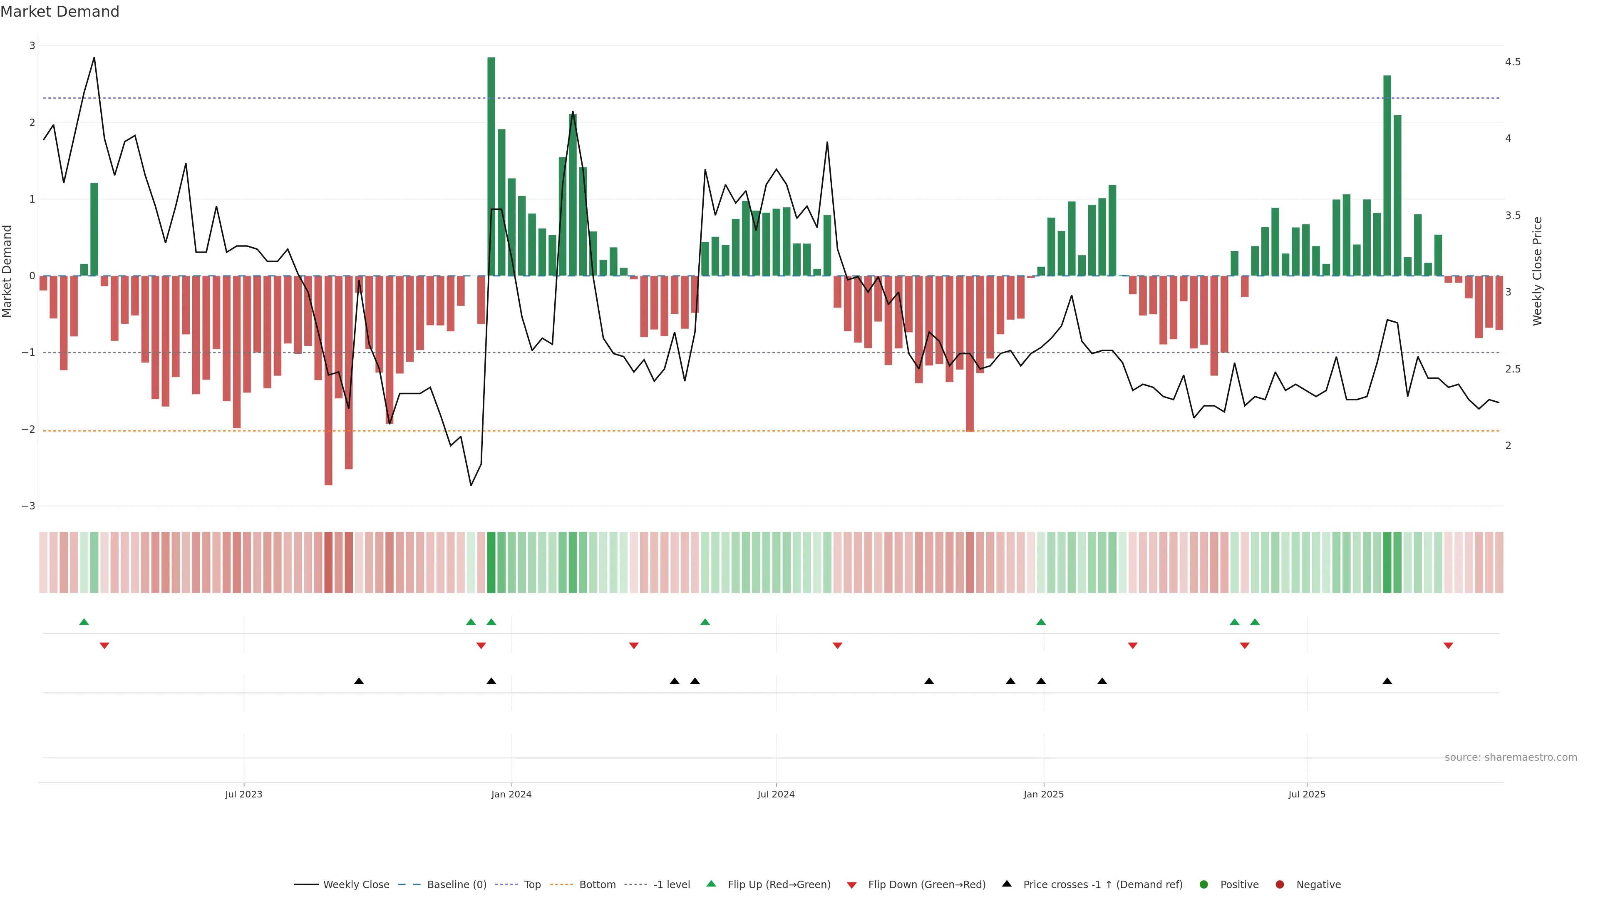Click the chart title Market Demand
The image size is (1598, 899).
60,12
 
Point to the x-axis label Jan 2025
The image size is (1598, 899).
1043,794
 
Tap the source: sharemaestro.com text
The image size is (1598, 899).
1511,757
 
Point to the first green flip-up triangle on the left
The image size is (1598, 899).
84,622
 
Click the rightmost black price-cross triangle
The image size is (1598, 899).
1387,681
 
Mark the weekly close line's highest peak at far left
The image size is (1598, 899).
94,58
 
